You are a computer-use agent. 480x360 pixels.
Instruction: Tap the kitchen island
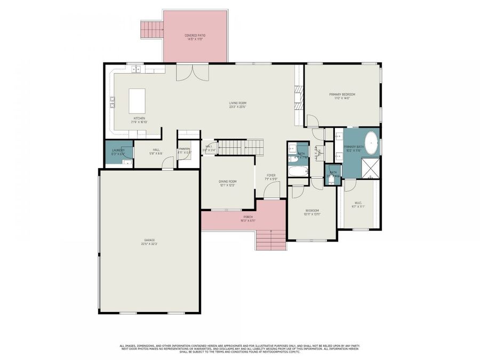pyautogui.click(x=137, y=101)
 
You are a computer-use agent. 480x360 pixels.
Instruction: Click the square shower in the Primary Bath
pyautogui.click(x=370, y=167)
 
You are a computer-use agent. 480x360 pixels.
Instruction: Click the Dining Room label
pyautogui.click(x=227, y=183)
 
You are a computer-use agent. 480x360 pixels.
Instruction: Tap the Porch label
pyautogui.click(x=247, y=218)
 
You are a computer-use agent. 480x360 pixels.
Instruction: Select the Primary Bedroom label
pyautogui.click(x=342, y=96)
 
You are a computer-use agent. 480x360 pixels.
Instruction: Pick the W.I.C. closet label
pyautogui.click(x=358, y=204)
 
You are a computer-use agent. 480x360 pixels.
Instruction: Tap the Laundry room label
pyautogui.click(x=118, y=151)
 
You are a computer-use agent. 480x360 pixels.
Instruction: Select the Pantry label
pyautogui.click(x=185, y=150)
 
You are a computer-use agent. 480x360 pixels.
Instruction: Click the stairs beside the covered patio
pyautogui.click(x=151, y=29)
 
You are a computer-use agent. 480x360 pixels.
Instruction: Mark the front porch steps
pyautogui.click(x=271, y=239)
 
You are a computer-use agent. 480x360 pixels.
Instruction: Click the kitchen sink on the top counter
pyautogui.click(x=137, y=68)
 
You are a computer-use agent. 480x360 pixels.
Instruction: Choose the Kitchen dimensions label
pyautogui.click(x=139, y=122)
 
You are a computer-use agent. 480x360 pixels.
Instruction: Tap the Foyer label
pyautogui.click(x=271, y=177)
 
